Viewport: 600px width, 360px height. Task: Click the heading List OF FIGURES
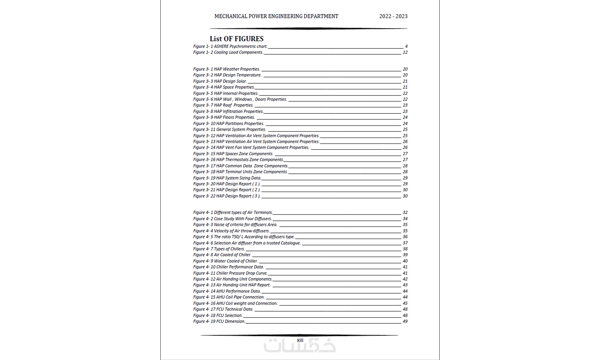[237, 39]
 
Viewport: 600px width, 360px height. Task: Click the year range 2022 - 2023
[393, 16]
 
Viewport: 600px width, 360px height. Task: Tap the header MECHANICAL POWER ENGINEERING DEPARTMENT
[276, 16]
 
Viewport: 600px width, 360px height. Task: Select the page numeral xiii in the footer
[300, 340]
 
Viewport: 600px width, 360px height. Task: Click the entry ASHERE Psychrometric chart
[230, 46]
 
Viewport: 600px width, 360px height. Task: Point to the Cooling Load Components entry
[228, 52]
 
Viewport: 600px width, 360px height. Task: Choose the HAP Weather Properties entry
[227, 69]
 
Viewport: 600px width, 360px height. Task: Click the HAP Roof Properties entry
[223, 105]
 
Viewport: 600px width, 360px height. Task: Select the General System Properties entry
[230, 130]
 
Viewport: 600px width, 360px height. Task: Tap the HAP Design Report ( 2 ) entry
[227, 190]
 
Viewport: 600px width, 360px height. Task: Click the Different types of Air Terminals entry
[233, 213]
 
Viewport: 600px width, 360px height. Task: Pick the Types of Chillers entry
[219, 249]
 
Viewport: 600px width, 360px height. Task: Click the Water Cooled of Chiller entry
[226, 261]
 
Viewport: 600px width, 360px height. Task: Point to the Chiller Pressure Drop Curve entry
[230, 273]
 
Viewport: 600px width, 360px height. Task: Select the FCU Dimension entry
[219, 322]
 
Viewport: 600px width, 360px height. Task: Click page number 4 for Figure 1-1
[406, 46]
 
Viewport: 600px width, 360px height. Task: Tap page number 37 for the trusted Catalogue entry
[405, 243]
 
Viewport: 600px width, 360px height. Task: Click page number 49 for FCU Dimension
[405, 322]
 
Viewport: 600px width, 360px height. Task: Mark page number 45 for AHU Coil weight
[405, 303]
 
